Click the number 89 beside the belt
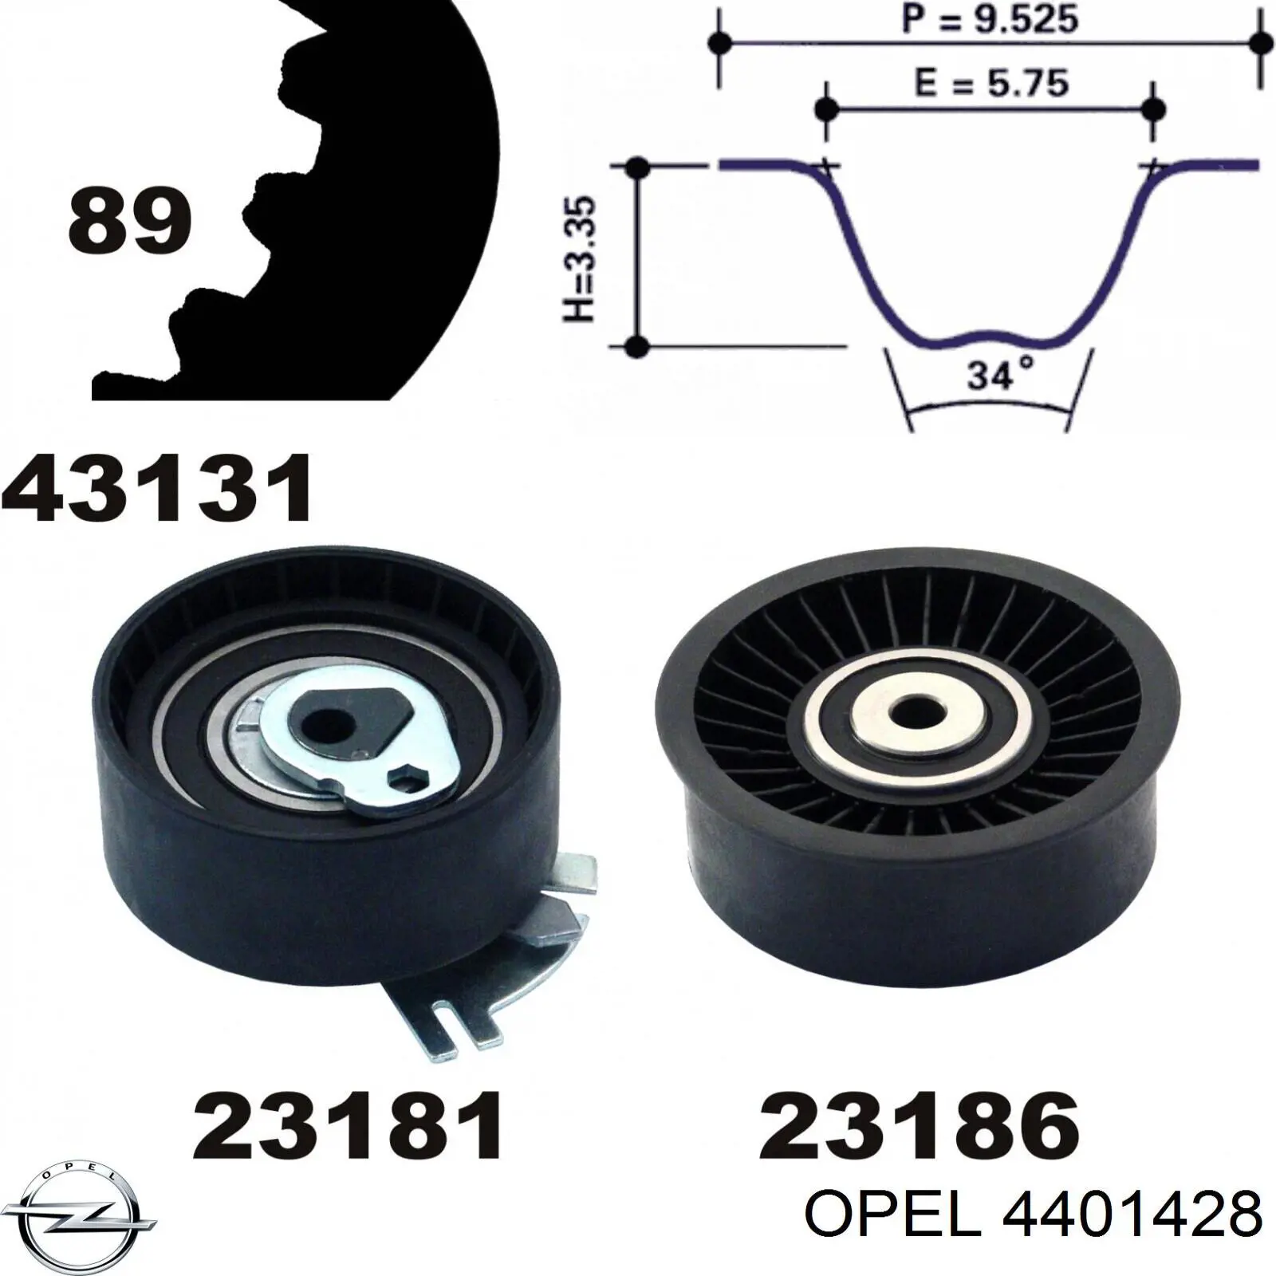(x=130, y=220)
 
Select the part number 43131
(x=157, y=487)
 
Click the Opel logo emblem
(x=77, y=1214)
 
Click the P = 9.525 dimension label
(x=990, y=19)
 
